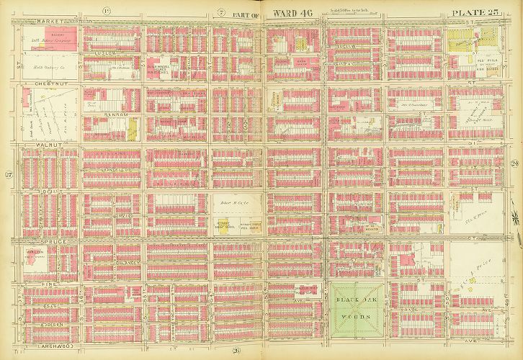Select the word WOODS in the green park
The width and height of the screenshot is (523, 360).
click(x=350, y=305)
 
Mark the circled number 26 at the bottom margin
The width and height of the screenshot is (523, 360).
click(x=236, y=350)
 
